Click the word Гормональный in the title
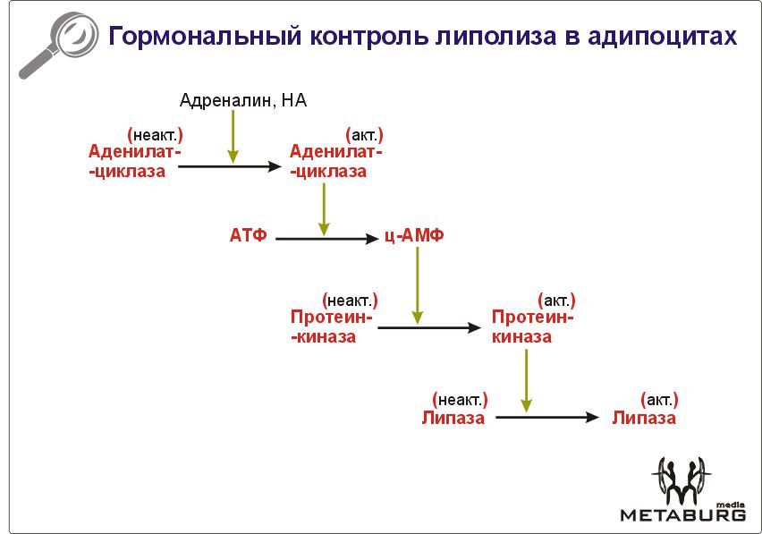click(205, 37)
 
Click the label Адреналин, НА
click(243, 100)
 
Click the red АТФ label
click(248, 235)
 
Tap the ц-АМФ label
click(414, 235)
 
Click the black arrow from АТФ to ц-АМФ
click(326, 239)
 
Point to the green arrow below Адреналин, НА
click(233, 137)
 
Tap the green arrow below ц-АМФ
click(417, 285)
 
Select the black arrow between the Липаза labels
click(547, 417)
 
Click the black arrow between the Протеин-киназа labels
click(429, 327)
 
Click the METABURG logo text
click(682, 514)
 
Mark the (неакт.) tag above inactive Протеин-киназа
click(350, 301)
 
